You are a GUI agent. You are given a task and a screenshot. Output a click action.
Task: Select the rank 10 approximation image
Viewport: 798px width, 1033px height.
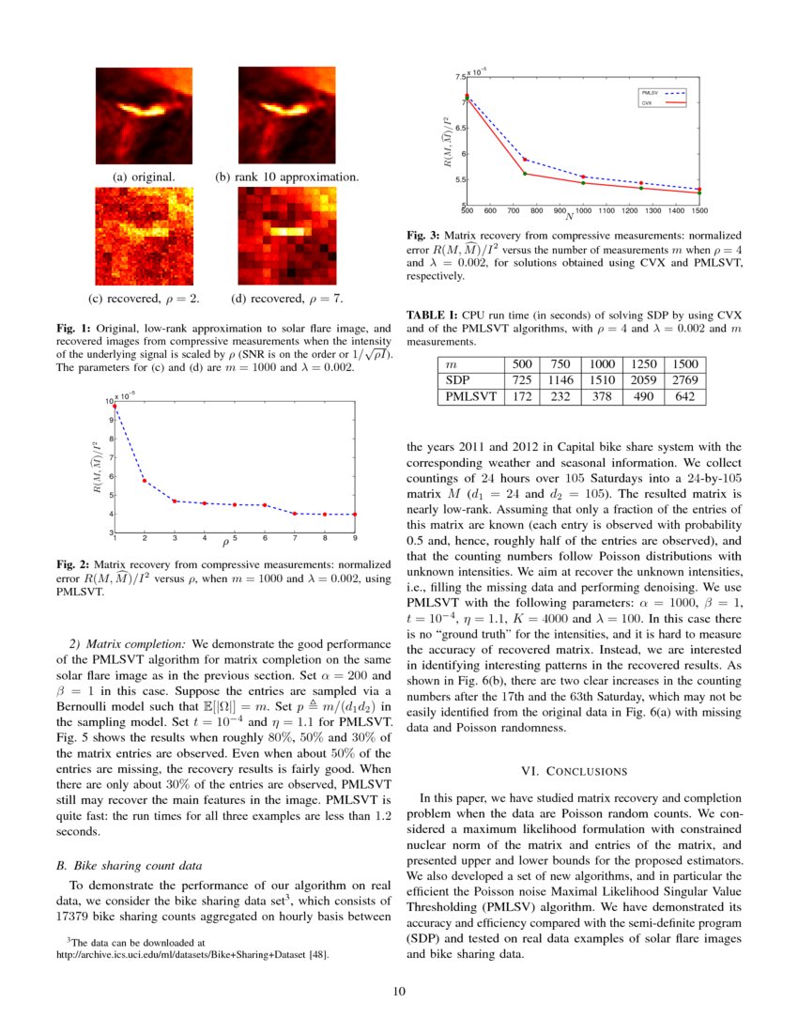[x=286, y=116]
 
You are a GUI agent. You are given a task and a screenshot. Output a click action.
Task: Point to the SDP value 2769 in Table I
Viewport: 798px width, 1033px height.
[x=684, y=380]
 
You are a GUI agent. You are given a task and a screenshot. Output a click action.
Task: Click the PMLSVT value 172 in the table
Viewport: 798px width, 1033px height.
[x=517, y=397]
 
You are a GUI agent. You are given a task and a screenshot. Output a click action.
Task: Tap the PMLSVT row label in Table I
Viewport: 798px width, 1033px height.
[x=470, y=397]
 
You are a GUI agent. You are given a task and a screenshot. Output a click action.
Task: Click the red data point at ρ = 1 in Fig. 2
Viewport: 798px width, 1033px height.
[x=115, y=407]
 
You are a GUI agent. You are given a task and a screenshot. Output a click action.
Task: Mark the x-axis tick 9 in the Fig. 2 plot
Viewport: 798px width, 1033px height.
[x=354, y=538]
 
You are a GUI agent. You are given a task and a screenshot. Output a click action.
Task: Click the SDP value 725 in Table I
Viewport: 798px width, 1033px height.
[x=517, y=380]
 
